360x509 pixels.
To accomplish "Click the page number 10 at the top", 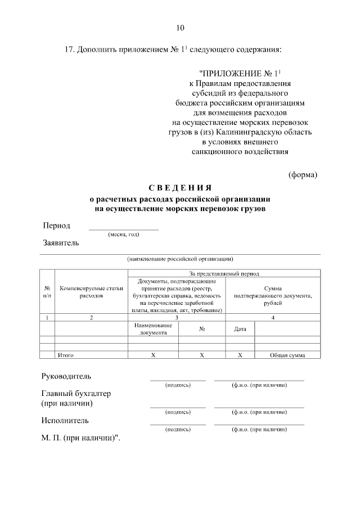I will coord(180,28).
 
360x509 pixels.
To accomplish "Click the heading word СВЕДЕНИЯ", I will coord(180,188).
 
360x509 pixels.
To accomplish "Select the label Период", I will coord(57,226).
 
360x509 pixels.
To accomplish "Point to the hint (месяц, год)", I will coord(124,235).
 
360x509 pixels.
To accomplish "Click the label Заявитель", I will coord(61,244).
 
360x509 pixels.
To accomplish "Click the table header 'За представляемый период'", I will coord(224,273).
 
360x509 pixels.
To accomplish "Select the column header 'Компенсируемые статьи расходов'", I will coord(91,291).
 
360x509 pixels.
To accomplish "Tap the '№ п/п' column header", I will coord(47,291).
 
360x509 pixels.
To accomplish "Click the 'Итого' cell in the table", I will coord(66,355).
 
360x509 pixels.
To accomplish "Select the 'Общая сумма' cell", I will coord(287,355).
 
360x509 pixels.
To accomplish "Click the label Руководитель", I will coord(66,376).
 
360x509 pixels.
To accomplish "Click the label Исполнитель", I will coord(65,420).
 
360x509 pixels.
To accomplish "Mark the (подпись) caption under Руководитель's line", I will coord(178,385).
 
